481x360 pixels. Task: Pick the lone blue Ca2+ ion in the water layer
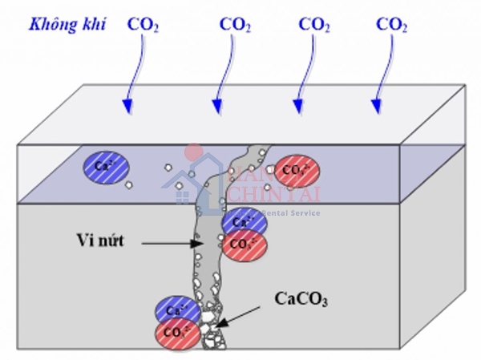click(103, 166)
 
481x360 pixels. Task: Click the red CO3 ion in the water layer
click(296, 171)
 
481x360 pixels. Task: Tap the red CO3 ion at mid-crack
click(240, 243)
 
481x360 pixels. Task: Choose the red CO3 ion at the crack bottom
click(176, 330)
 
